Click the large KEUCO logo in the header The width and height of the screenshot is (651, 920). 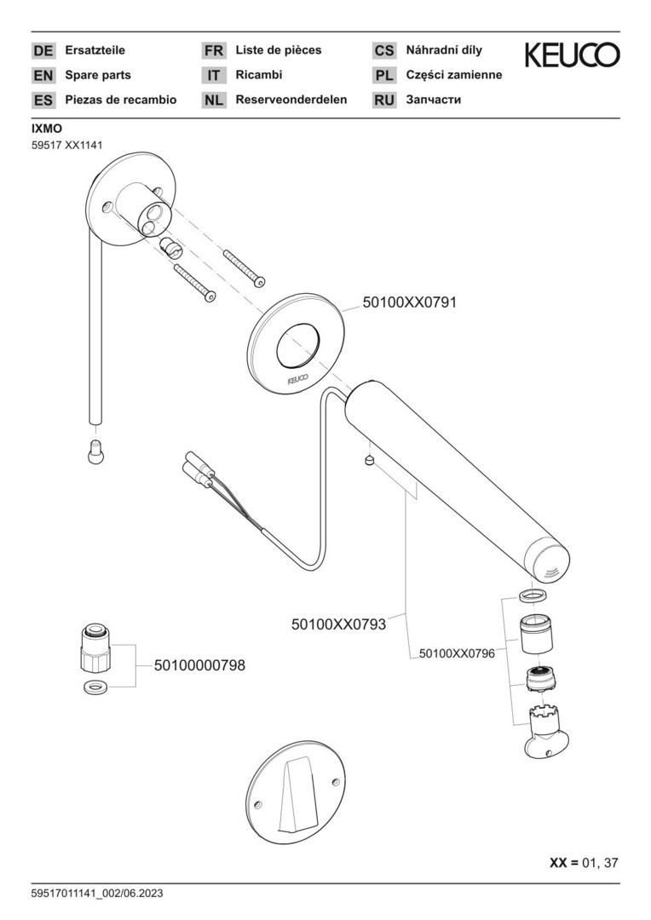572,55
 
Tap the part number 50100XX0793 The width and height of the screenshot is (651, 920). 339,624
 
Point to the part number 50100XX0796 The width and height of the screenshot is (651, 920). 458,653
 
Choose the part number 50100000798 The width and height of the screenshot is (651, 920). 199,666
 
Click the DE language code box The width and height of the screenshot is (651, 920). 43,51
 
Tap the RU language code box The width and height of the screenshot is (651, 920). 384,101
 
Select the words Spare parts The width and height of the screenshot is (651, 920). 98,75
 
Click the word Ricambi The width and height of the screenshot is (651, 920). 258,75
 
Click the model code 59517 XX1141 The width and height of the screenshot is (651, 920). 67,145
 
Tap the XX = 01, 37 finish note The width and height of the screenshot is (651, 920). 584,862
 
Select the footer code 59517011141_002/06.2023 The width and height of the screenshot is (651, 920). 97,894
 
